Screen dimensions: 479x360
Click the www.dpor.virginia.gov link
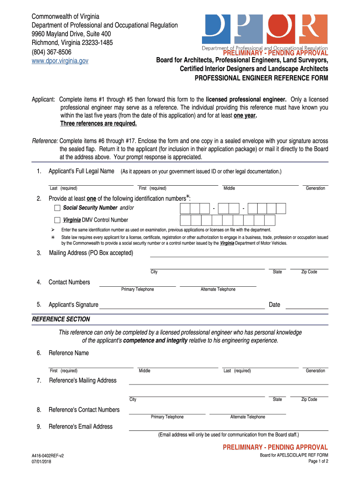[60, 61]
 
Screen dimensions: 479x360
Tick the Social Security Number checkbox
[57, 208]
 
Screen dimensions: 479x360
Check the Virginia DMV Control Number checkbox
[57, 220]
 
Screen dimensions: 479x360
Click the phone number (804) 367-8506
[51, 52]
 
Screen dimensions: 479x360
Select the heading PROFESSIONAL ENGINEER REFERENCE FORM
[261, 78]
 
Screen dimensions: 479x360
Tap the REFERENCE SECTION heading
[61, 319]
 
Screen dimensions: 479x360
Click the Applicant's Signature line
[182, 306]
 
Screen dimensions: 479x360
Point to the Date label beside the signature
[274, 305]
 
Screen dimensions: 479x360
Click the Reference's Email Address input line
[228, 428]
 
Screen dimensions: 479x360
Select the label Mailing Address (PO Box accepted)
[91, 253]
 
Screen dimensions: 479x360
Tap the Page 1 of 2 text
[318, 462]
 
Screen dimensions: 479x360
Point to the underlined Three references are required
[99, 123]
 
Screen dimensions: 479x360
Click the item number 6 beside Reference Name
[39, 353]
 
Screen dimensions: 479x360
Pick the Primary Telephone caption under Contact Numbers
[137, 290]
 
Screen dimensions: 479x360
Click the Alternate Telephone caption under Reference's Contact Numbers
[247, 417]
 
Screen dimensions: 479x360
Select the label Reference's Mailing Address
[83, 380]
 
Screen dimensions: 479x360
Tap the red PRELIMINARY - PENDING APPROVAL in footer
[275, 448]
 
